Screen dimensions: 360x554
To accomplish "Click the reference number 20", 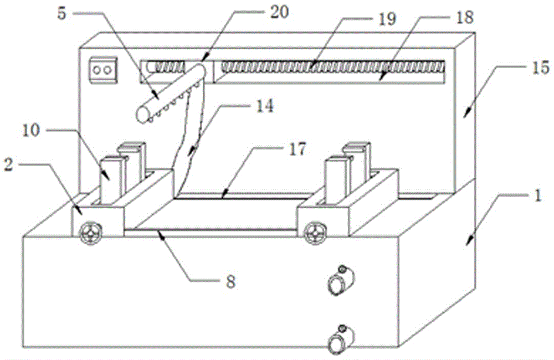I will click(x=279, y=12).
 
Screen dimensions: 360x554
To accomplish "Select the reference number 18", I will click(x=465, y=18).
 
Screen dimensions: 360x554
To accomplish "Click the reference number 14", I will click(x=266, y=106).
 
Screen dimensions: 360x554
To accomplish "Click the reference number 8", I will click(x=230, y=281).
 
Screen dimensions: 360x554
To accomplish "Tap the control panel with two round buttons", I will click(x=101, y=70).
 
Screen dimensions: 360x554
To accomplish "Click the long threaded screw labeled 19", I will click(x=332, y=68).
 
